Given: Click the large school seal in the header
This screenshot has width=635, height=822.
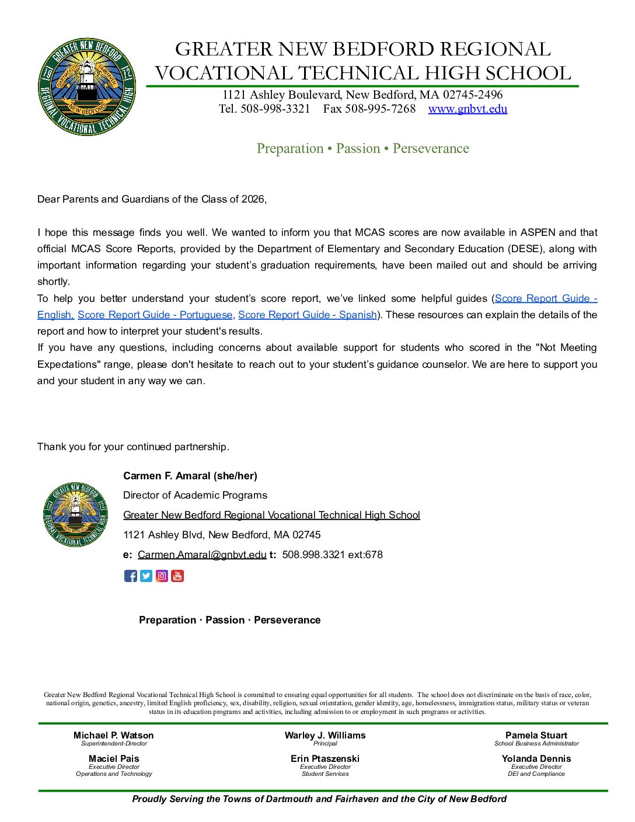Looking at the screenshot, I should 87,87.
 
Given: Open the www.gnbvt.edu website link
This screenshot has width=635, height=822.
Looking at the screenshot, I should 467,109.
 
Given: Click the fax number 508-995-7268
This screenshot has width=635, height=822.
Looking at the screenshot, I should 380,109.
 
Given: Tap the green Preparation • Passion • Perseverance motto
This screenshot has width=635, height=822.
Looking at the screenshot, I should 362,149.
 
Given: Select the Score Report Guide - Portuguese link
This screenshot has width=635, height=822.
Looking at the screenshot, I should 155,315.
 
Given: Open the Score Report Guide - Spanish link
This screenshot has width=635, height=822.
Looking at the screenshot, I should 307,315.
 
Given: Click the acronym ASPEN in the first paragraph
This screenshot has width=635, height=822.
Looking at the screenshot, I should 538,232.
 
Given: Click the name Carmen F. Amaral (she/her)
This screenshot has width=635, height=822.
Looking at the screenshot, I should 190,476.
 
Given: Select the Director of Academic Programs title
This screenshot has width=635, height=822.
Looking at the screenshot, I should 195,496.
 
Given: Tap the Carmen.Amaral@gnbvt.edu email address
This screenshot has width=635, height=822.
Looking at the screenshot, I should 202,555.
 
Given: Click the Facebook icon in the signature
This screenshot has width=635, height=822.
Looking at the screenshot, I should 131,576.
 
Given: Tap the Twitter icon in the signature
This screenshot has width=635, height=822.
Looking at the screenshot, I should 146,576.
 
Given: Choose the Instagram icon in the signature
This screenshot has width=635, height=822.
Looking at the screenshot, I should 162,576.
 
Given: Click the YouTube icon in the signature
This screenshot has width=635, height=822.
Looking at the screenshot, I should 177,576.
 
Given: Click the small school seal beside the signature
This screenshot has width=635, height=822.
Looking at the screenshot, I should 75,514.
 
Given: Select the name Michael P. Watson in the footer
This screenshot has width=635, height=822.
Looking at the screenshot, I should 113,736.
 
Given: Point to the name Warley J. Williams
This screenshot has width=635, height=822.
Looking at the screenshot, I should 325,736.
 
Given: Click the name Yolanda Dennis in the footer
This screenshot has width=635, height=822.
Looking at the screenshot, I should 536,759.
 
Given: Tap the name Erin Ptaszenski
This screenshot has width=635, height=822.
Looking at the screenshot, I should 325,759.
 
